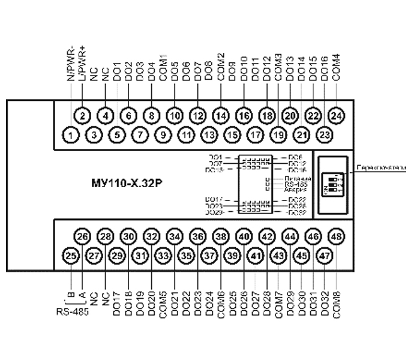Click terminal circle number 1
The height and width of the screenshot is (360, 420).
point(71,135)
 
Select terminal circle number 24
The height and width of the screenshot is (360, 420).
point(337,116)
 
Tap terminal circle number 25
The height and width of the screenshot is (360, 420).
point(71,256)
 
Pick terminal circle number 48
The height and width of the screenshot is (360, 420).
point(337,237)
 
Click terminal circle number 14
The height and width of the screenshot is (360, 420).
point(221,116)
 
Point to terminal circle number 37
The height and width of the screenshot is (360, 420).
point(209,256)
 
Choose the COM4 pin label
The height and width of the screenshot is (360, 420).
point(337,69)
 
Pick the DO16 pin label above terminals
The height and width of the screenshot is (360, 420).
point(325,70)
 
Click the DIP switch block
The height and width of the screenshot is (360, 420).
point(332,184)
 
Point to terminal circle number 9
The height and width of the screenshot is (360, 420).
point(163,135)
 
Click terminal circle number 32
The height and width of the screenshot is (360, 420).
point(152,237)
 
